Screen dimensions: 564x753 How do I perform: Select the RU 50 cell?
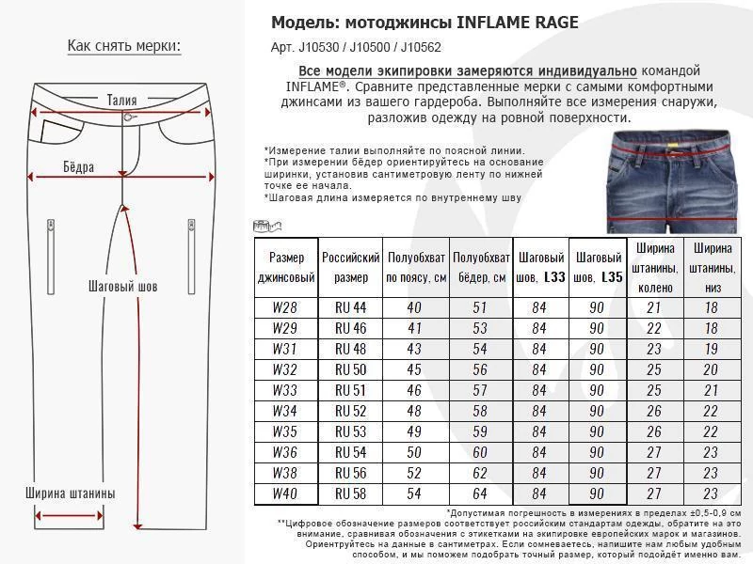(350, 369)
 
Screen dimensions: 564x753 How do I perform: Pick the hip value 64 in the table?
(480, 493)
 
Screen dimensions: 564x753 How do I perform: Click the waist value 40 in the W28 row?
(414, 308)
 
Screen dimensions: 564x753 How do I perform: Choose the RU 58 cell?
(350, 493)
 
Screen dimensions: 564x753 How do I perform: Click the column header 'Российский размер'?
(350, 267)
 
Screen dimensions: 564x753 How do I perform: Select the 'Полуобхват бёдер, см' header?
(480, 267)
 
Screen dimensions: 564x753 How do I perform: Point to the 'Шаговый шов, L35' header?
(597, 267)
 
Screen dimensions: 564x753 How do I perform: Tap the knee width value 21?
(653, 308)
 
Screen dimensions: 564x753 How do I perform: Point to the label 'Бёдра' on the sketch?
(79, 167)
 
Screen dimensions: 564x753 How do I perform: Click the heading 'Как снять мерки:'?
(123, 47)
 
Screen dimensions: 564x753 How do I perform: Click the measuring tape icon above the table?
(268, 226)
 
